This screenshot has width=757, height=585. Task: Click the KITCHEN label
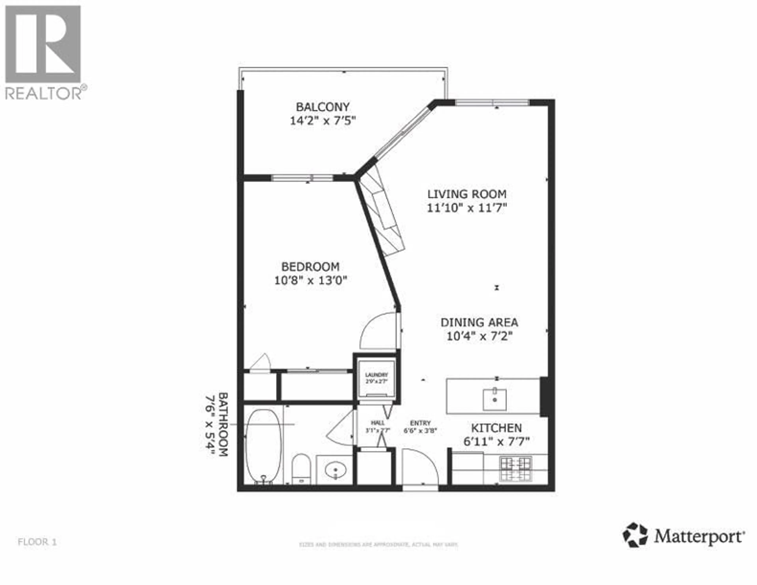point(496,428)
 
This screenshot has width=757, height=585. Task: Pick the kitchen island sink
point(495,399)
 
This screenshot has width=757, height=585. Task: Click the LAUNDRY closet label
point(376,375)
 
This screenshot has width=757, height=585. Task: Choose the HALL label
point(378,423)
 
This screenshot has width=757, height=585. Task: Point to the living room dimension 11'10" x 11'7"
point(467,208)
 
